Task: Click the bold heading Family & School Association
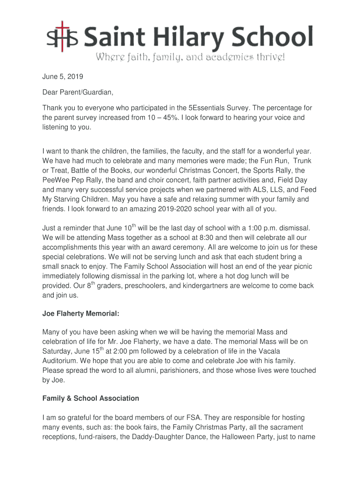coord(91,399)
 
